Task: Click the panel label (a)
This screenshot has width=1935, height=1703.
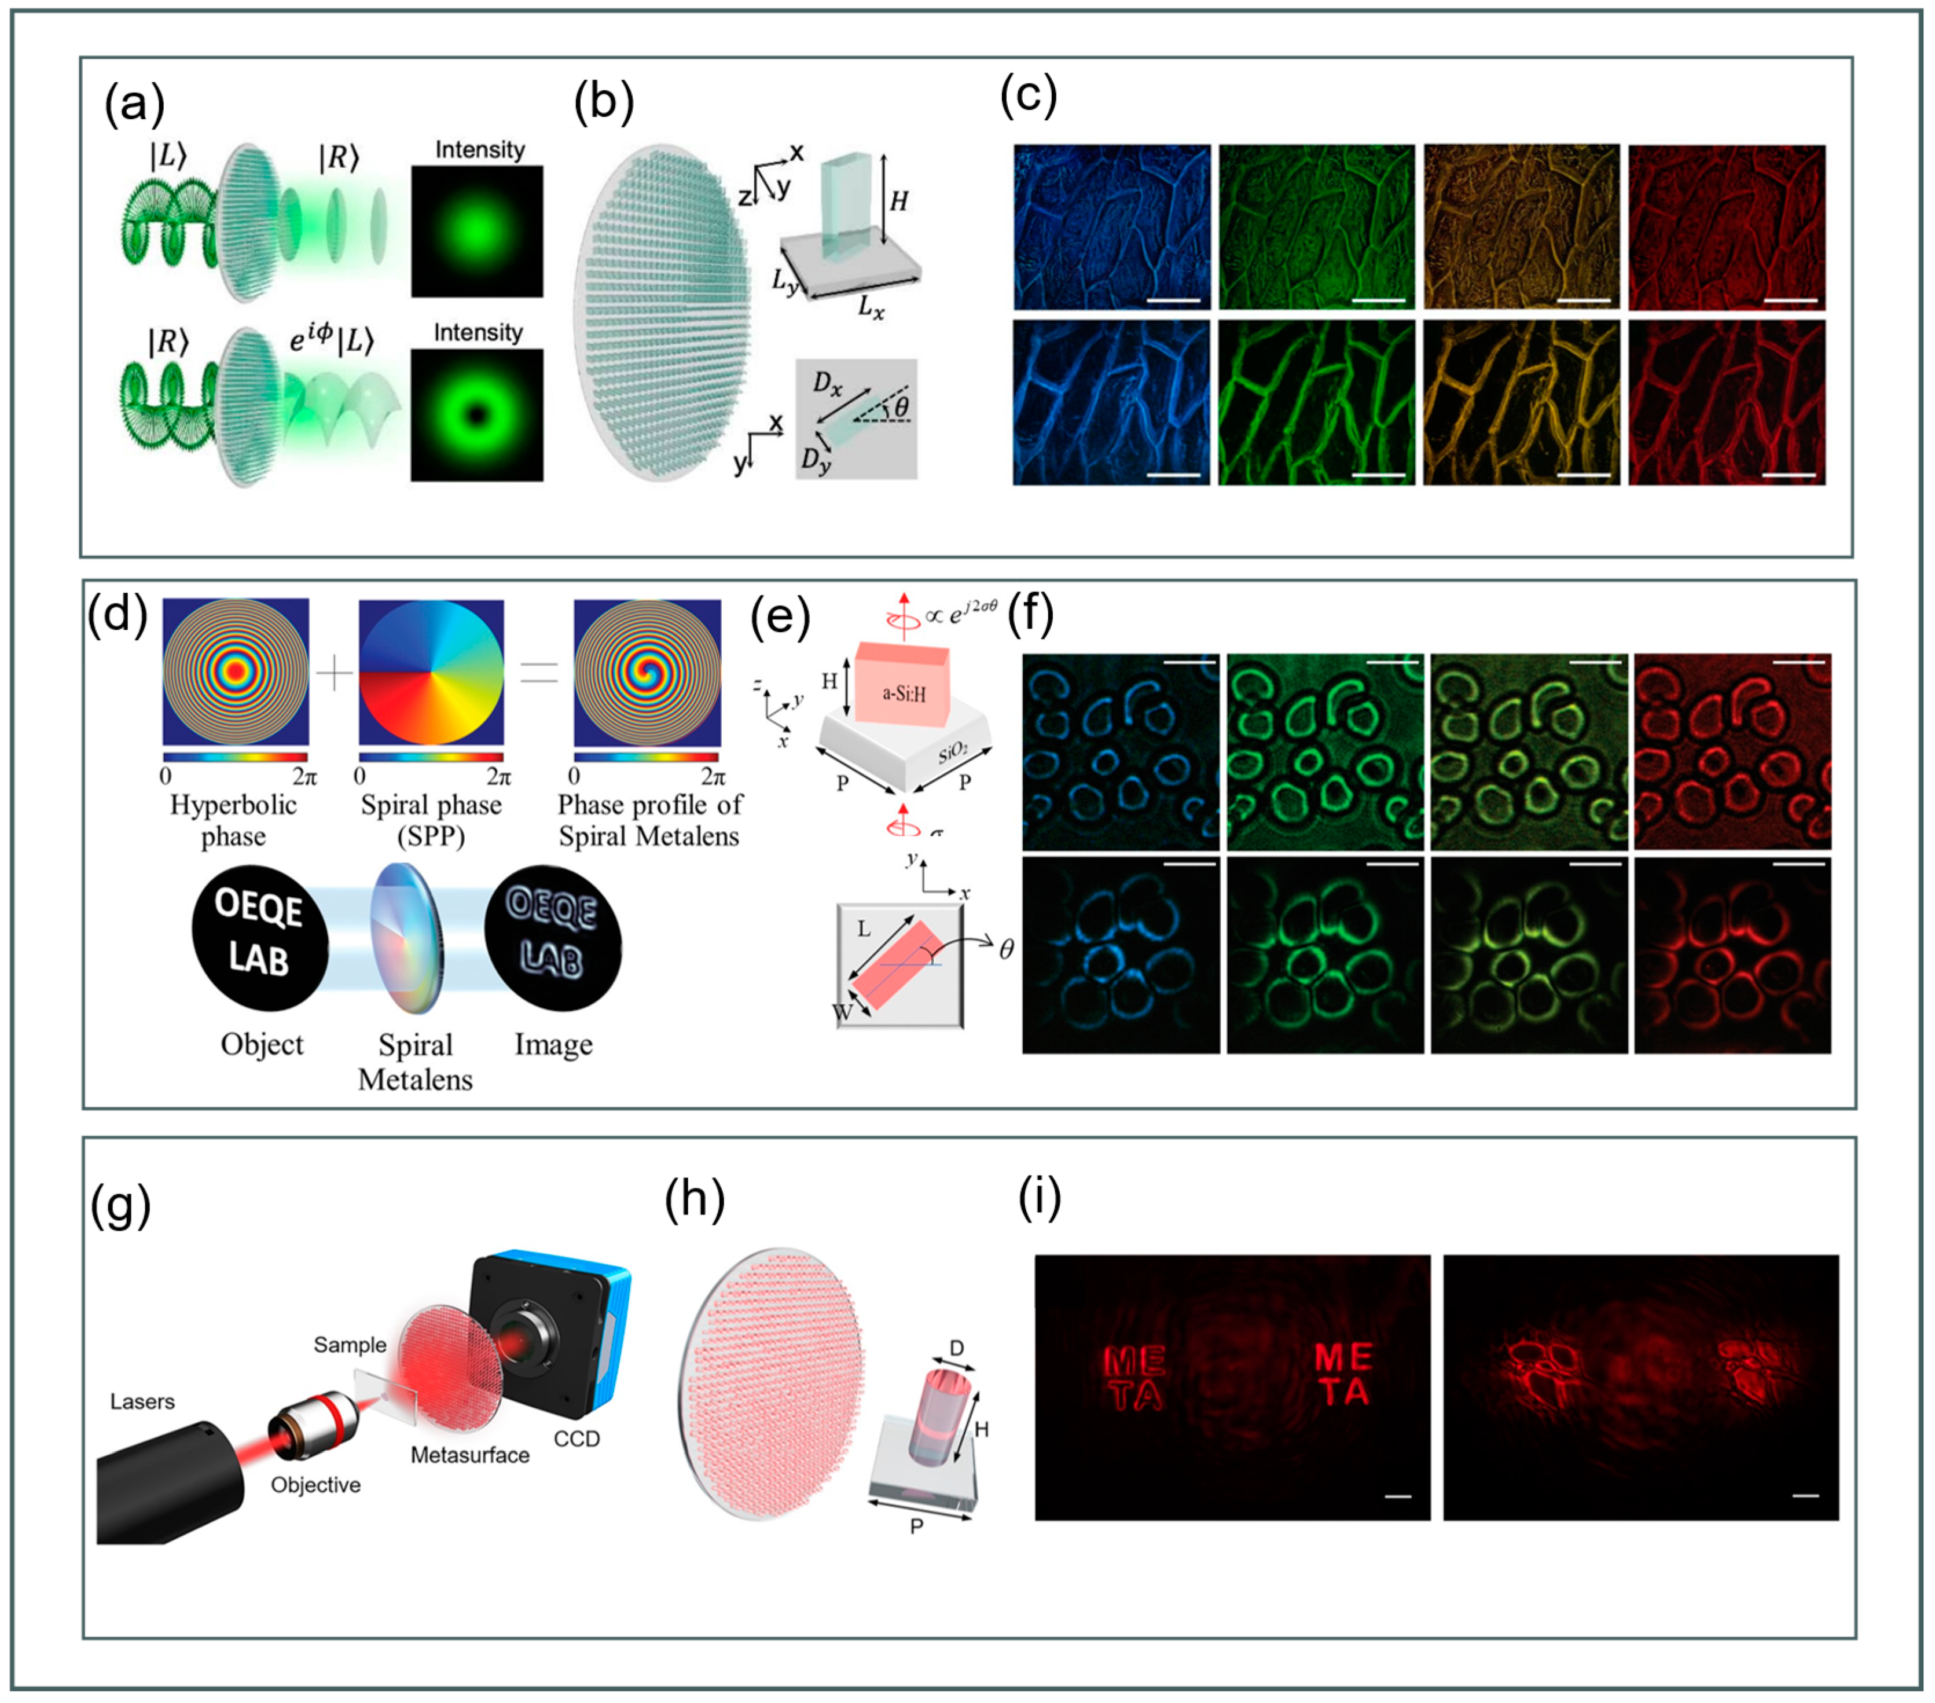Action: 134,104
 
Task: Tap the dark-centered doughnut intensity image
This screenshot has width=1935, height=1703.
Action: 477,416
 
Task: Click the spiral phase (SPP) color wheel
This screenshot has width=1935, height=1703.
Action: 431,672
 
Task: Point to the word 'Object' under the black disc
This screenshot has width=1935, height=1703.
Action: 262,1044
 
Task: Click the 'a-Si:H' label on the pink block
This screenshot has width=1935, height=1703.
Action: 904,694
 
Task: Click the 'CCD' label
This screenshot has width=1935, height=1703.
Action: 577,1439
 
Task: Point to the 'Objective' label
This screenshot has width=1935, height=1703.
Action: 315,1484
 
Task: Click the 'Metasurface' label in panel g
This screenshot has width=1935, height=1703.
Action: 469,1455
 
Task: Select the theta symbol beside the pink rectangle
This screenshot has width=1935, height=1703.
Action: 1007,949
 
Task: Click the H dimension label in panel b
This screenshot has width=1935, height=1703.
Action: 898,201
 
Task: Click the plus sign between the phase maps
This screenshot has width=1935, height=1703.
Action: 333,674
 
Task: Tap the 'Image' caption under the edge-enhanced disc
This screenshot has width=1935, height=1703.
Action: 554,1044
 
